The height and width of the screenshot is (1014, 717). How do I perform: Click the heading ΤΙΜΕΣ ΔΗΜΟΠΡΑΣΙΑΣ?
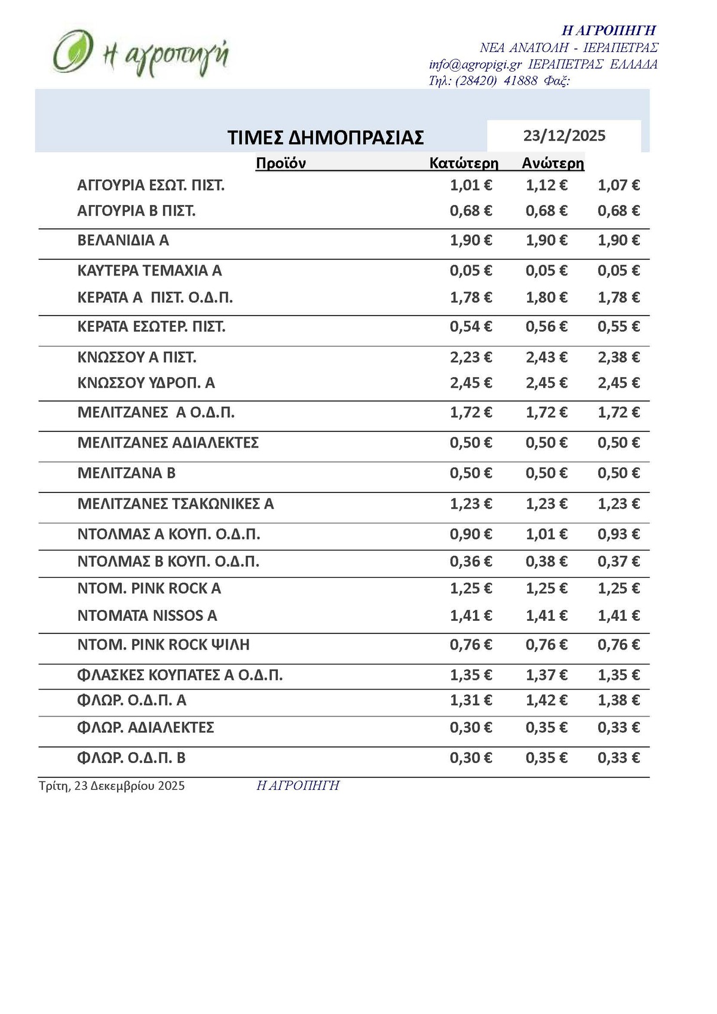pyautogui.click(x=326, y=137)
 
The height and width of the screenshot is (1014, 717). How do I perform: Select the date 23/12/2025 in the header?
pyautogui.click(x=564, y=136)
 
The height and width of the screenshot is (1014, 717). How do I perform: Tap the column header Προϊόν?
pyautogui.click(x=281, y=163)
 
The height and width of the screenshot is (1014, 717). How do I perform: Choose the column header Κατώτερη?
pyautogui.click(x=464, y=163)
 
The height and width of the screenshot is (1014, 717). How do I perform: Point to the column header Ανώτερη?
pyautogui.click(x=553, y=163)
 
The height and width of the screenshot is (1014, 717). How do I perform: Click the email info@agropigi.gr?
pyautogui.click(x=476, y=65)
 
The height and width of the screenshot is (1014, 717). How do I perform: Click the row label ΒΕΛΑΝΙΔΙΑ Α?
pyautogui.click(x=123, y=240)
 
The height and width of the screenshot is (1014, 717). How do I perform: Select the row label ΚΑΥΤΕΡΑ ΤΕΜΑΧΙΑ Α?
pyautogui.click(x=149, y=271)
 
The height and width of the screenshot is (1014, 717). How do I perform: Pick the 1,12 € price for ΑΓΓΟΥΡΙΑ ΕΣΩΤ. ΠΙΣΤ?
pyautogui.click(x=546, y=185)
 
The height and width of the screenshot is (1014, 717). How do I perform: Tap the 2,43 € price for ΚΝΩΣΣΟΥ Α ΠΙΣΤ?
pyautogui.click(x=546, y=357)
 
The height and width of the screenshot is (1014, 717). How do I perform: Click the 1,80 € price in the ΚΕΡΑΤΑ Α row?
pyautogui.click(x=546, y=298)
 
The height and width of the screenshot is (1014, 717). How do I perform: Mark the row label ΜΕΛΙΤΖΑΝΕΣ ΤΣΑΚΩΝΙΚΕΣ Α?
pyautogui.click(x=176, y=504)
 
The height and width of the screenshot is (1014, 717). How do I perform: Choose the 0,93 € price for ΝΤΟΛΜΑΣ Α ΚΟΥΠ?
pyautogui.click(x=618, y=534)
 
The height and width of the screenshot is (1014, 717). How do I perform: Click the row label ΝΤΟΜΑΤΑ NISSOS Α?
pyautogui.click(x=147, y=615)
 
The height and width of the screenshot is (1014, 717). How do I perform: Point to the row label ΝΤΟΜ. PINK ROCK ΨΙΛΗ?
pyautogui.click(x=163, y=645)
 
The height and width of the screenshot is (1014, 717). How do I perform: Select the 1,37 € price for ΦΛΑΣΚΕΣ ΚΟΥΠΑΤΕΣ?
pyautogui.click(x=546, y=675)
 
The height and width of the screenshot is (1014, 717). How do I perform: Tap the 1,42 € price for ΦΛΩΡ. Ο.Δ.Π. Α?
pyautogui.click(x=546, y=700)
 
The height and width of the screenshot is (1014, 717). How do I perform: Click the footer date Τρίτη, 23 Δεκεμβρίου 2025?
pyautogui.click(x=112, y=786)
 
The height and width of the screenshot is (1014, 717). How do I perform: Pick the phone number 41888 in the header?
pyautogui.click(x=520, y=81)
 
